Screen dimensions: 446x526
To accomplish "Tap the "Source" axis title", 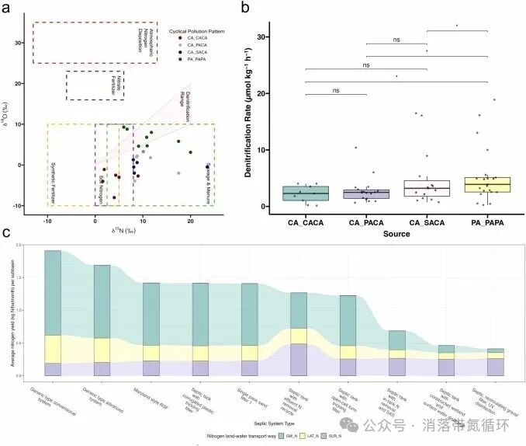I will pyautogui.click(x=395, y=233).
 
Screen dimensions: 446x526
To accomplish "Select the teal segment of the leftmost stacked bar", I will pyautogui.click(x=53, y=292).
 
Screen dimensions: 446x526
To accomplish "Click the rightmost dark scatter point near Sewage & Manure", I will pyautogui.click(x=207, y=166).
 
